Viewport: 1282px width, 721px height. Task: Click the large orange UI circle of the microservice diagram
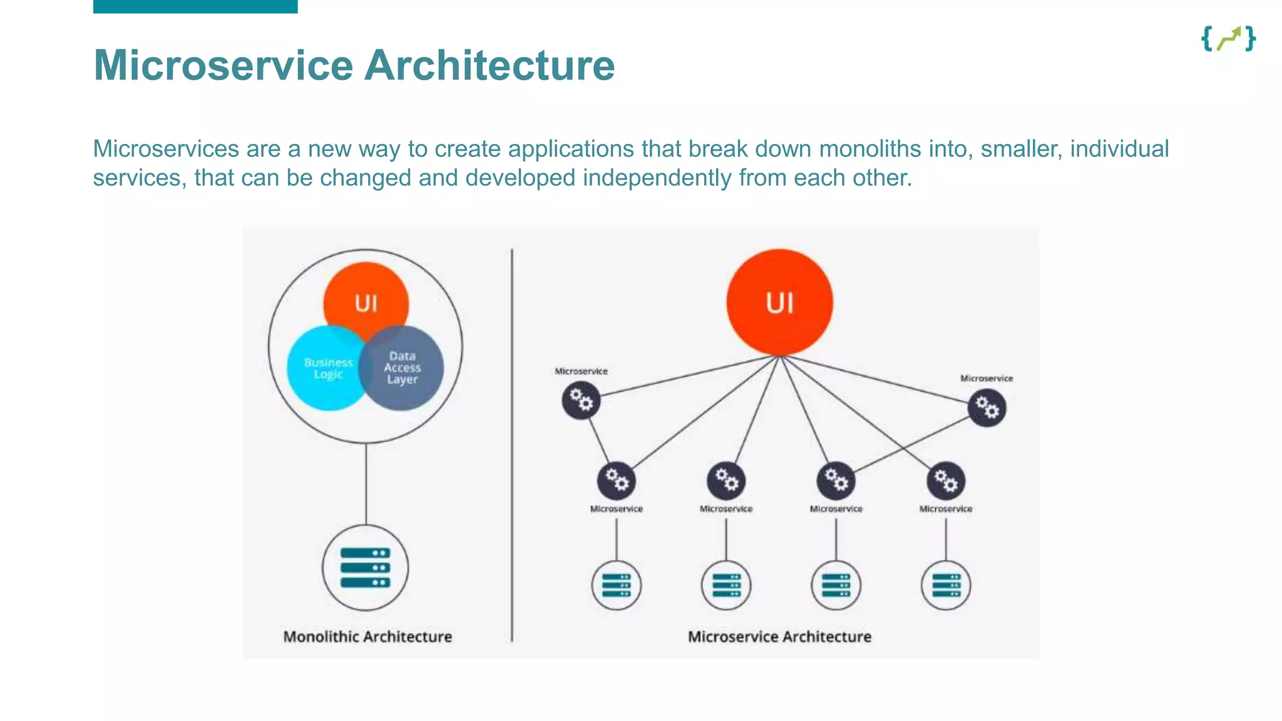(779, 302)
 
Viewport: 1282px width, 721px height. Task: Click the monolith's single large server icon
(366, 568)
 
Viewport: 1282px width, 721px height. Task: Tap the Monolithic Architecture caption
(367, 637)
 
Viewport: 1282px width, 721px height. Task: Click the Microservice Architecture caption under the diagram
(779, 637)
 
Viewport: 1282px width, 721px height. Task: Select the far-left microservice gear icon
(581, 401)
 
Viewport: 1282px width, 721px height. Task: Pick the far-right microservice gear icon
(987, 408)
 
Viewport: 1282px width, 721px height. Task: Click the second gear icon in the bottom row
(726, 481)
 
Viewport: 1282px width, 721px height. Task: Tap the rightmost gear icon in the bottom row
(946, 481)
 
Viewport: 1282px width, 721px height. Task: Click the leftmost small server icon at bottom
(617, 585)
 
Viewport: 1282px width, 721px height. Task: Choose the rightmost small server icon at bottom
(946, 585)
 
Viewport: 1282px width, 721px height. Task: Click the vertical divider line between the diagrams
(512, 444)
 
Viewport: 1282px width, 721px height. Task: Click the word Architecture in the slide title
(490, 65)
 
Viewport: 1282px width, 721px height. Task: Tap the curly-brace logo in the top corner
(1228, 39)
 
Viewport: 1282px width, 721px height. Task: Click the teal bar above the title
(195, 6)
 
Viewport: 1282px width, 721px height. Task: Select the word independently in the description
(657, 178)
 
